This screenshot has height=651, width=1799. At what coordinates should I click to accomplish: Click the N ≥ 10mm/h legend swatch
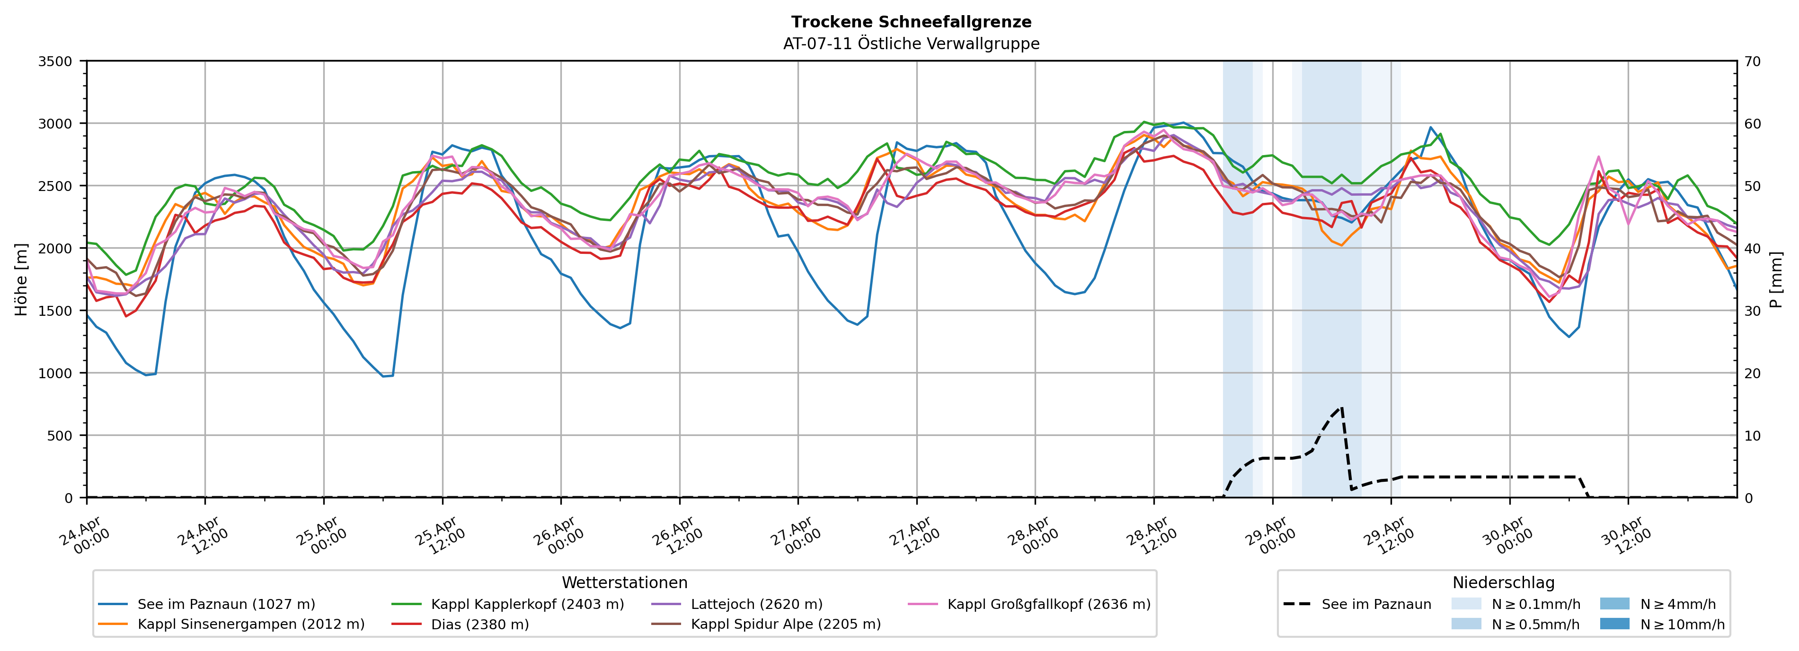pos(1614,624)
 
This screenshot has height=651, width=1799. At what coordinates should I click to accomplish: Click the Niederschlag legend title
pos(1504,582)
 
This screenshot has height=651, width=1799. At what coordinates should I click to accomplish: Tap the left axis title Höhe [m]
pos(22,279)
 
